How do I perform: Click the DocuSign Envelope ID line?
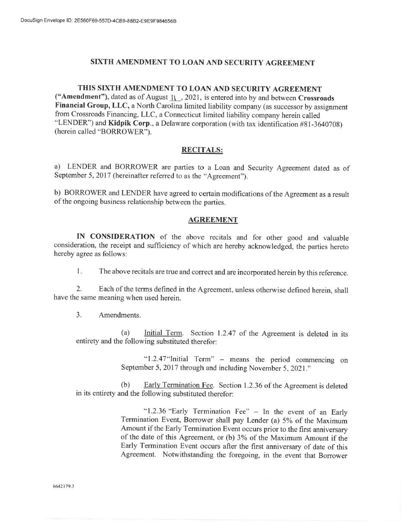pyautogui.click(x=98, y=21)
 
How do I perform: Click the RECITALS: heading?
pyautogui.click(x=202, y=150)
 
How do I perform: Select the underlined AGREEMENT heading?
pyautogui.click(x=213, y=220)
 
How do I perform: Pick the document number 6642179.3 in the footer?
pyautogui.click(x=64, y=486)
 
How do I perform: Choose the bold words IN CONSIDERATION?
pyautogui.click(x=115, y=237)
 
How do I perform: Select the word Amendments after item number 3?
pyautogui.click(x=120, y=315)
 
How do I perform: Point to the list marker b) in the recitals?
pyautogui.click(x=58, y=194)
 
